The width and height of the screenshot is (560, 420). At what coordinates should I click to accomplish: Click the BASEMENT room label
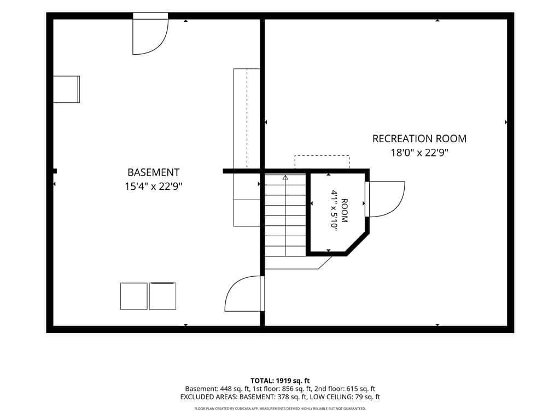[153, 172]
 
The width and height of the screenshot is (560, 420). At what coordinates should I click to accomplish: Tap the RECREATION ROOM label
[419, 138]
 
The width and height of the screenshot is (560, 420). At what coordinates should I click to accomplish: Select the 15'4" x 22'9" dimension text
[153, 186]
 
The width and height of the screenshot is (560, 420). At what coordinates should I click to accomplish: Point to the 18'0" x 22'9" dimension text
[419, 153]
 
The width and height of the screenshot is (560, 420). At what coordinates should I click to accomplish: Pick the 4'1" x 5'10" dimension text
[334, 211]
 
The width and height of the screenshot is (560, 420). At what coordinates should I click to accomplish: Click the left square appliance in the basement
[133, 296]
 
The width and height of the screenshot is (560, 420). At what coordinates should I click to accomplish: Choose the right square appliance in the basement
[162, 296]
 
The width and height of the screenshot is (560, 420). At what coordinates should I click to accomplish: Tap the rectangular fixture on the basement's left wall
[66, 89]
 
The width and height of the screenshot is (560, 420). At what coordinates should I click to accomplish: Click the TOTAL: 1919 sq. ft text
[280, 381]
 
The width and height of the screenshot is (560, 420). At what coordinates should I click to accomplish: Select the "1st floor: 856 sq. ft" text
[279, 389]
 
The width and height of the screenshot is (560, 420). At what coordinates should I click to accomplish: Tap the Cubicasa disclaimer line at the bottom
[280, 409]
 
